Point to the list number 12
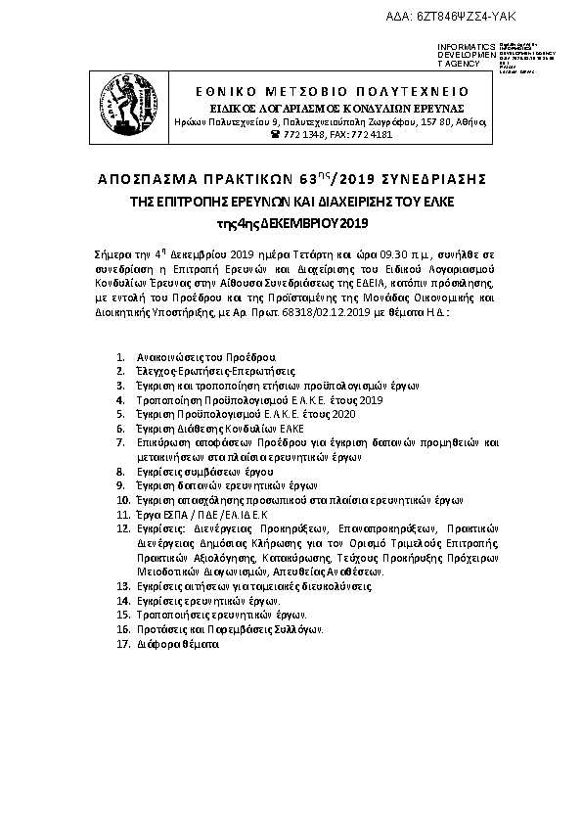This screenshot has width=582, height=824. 122,526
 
